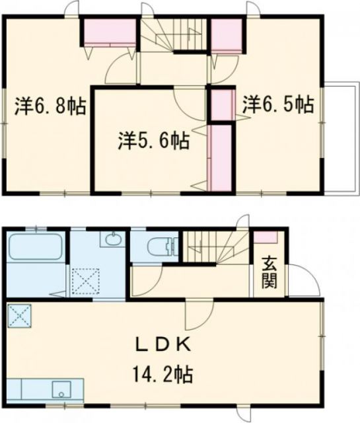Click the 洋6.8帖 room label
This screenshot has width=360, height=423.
coord(50,106)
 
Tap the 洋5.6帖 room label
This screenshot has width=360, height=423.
coord(154,139)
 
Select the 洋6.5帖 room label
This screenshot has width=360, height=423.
coord(277,103)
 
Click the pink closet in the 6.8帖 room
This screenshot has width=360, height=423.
coord(110,32)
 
